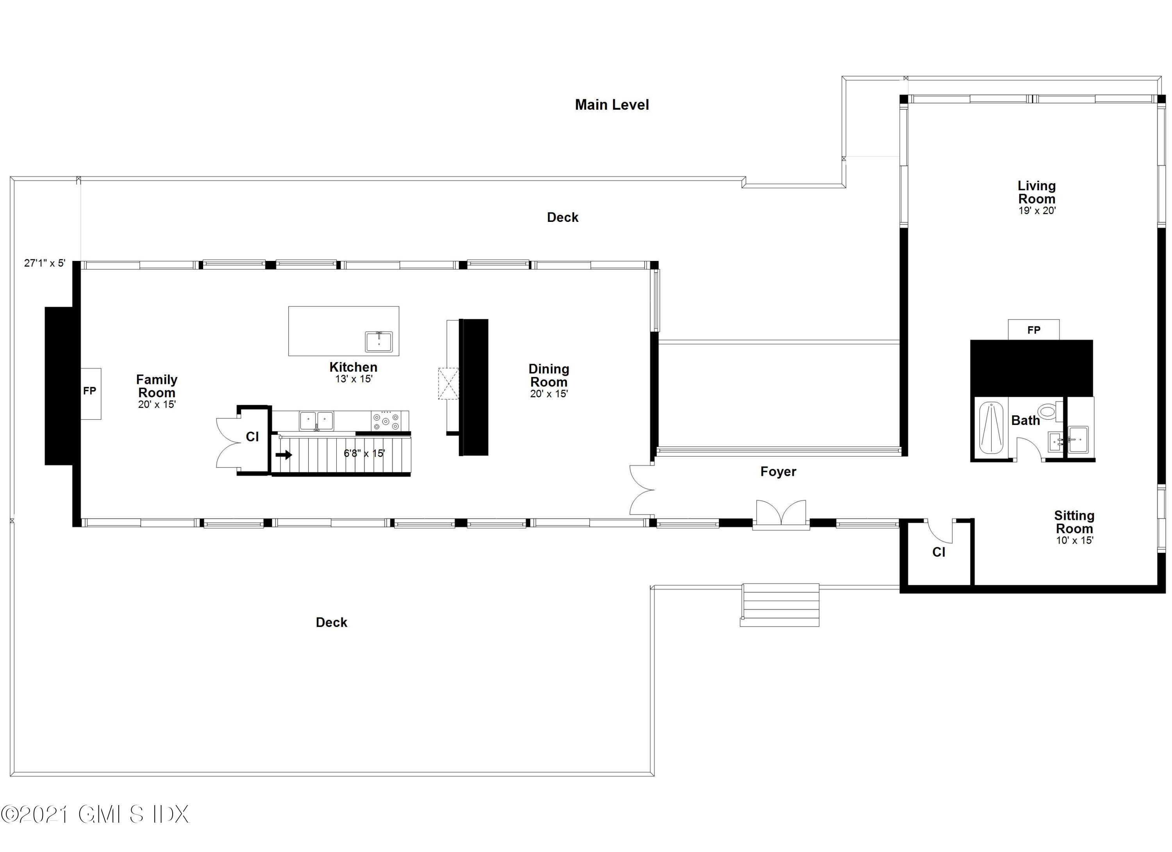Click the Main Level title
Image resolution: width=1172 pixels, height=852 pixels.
(612, 105)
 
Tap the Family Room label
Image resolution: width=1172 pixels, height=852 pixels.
(157, 386)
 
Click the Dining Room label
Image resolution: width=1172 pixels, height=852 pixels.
(549, 376)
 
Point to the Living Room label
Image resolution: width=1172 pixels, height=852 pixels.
(1036, 192)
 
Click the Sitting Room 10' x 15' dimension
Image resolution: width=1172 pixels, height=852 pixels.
(1074, 540)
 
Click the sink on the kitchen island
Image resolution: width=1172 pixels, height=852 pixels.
(379, 341)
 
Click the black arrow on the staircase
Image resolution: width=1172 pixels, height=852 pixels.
(284, 455)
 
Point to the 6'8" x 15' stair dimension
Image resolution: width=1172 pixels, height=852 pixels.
(364, 454)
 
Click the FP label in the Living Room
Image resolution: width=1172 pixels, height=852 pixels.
(1034, 330)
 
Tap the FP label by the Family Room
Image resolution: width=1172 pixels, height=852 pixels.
(90, 391)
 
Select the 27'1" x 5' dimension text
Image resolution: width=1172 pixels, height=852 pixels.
(45, 263)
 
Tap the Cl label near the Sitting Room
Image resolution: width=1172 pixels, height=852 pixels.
(938, 552)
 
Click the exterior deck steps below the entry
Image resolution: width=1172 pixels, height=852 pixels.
(780, 604)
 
